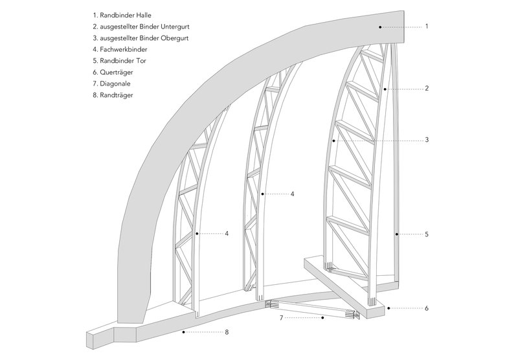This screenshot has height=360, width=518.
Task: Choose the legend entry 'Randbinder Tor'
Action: pos(121,61)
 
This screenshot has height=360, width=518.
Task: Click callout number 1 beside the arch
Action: pos(427,27)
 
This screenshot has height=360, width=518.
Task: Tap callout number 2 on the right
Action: pos(427,88)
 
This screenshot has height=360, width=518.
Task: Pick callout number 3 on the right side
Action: pos(427,140)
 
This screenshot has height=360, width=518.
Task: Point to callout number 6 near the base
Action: pos(427,308)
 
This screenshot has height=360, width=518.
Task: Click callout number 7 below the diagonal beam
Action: pos(281,319)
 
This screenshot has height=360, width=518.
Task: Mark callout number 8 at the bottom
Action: pos(226,332)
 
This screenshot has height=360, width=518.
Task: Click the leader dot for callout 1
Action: pos(380,27)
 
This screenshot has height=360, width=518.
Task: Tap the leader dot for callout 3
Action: pos(333,140)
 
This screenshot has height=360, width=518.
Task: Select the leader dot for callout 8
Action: pos(185,332)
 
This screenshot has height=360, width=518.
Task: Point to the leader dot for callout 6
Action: pos(388,308)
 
